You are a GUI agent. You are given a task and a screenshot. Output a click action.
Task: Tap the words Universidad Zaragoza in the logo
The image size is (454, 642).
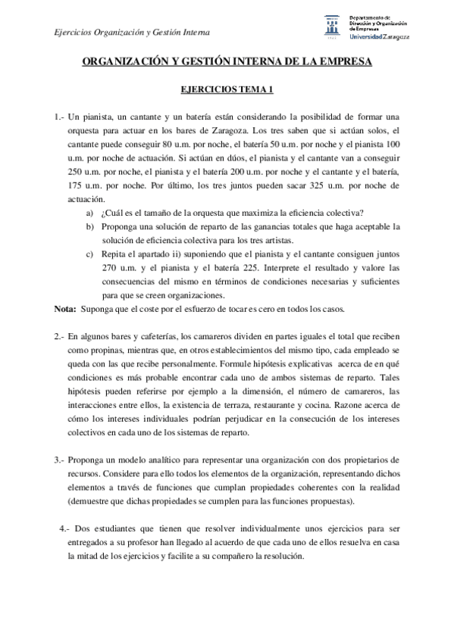tap(380, 36)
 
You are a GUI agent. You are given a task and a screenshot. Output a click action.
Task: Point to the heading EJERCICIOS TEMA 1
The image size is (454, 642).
tap(227, 90)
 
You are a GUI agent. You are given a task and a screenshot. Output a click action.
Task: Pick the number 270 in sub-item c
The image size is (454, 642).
tap(111, 268)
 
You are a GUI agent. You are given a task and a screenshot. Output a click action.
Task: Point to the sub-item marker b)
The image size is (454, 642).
tap(90, 226)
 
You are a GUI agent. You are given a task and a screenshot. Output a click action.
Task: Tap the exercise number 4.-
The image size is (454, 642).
tap(64, 528)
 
